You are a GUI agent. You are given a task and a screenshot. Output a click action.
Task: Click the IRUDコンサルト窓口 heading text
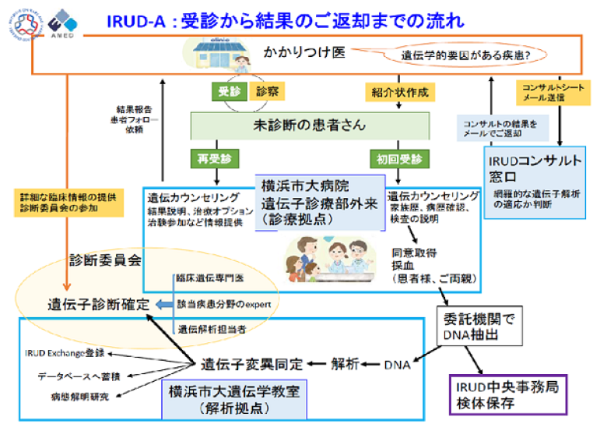click(x=535, y=169)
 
